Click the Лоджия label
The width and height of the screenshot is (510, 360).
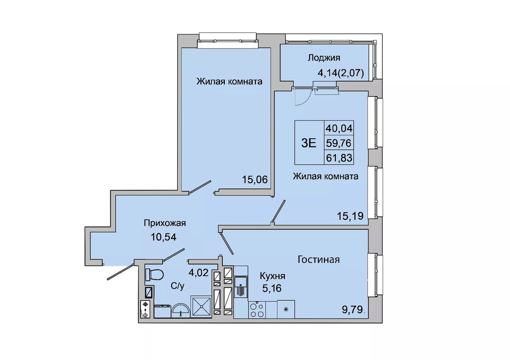(324, 58)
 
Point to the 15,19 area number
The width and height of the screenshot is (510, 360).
(350, 216)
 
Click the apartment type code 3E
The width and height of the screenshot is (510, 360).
(309, 143)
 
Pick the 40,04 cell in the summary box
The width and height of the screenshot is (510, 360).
(339, 129)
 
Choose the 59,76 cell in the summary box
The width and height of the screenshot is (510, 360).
(339, 143)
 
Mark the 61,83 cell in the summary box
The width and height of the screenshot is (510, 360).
(339, 157)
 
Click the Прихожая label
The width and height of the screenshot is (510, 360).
(165, 223)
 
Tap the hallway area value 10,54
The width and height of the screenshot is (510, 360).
(163, 237)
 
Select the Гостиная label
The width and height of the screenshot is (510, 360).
(319, 259)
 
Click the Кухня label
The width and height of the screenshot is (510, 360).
(273, 276)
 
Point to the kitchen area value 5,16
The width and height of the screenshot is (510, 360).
(272, 288)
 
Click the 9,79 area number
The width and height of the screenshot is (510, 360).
(352, 309)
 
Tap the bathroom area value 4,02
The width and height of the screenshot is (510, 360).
(198, 273)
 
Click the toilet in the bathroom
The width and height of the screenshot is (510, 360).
(154, 275)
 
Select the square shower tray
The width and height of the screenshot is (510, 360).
(201, 306)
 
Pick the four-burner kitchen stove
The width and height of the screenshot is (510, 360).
(257, 310)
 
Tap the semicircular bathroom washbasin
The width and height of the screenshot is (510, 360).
(180, 310)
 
